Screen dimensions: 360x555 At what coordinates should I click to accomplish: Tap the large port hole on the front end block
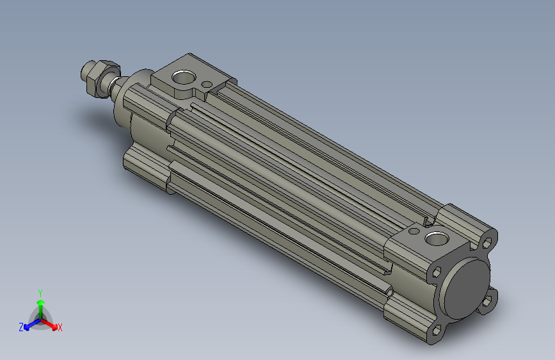tap(183, 77)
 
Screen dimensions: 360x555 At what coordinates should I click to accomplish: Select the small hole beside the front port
tap(206, 84)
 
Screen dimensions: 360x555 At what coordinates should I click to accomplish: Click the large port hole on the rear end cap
tap(438, 239)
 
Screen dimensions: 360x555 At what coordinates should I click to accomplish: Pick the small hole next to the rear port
tap(415, 230)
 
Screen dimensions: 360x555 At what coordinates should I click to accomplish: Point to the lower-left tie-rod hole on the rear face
tap(438, 331)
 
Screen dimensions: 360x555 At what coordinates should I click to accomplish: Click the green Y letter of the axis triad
tap(40, 292)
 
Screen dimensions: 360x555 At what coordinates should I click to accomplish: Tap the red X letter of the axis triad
tap(60, 327)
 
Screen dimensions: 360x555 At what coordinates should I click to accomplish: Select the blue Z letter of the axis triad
tap(21, 327)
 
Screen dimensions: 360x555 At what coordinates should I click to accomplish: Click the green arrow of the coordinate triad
tap(40, 304)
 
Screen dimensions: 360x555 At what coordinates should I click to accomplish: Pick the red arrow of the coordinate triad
tap(51, 323)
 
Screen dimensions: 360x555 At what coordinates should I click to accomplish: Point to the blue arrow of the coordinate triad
tap(29, 323)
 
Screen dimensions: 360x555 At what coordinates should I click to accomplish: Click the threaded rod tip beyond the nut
tap(85, 71)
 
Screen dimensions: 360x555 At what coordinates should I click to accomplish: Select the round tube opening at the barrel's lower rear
tap(390, 291)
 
